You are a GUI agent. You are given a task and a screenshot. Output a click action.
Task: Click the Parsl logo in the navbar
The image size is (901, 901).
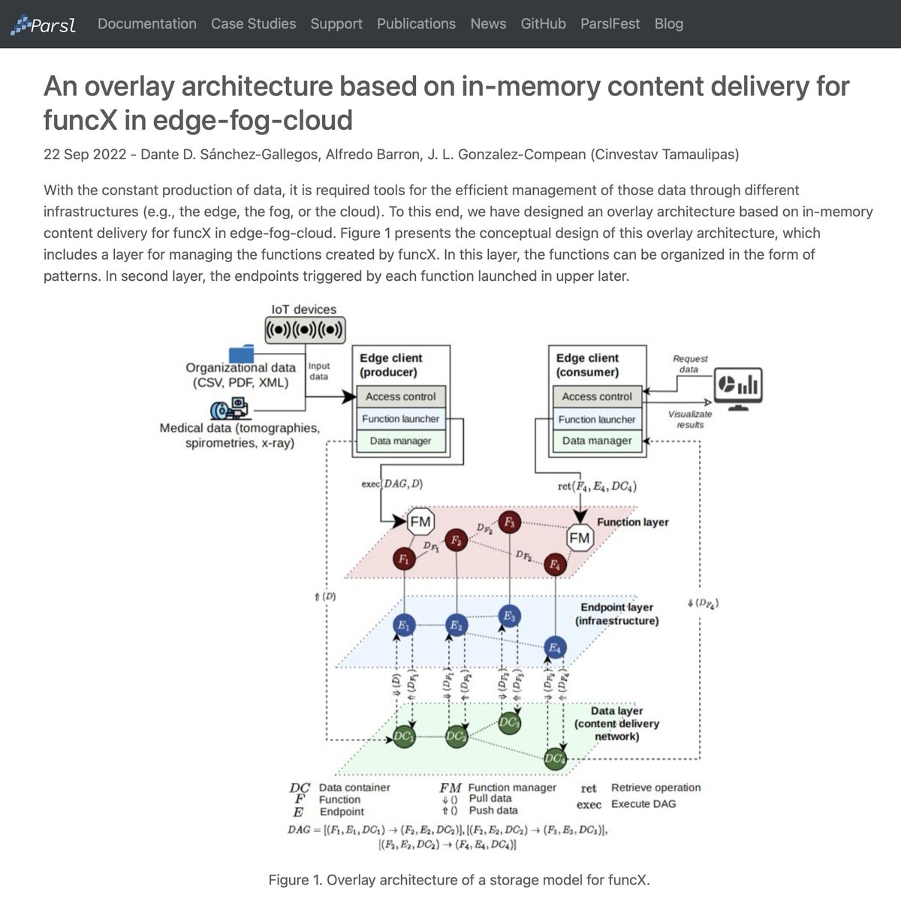[x=43, y=26]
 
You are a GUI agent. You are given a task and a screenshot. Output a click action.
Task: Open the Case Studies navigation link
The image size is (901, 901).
[x=253, y=24]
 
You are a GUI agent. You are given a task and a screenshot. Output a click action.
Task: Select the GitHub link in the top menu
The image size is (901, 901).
[x=543, y=24]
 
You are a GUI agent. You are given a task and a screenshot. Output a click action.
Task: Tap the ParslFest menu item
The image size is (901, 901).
[x=610, y=24]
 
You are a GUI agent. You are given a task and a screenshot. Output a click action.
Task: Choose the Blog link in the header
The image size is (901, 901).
[x=668, y=24]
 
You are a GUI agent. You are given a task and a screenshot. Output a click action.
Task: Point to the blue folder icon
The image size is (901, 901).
[x=242, y=354]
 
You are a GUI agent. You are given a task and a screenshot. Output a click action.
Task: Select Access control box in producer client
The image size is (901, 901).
[x=400, y=396]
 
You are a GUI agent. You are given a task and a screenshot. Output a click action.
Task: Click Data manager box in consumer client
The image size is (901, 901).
[x=597, y=441]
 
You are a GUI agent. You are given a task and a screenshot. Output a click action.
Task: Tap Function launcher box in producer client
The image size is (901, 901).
[x=400, y=419]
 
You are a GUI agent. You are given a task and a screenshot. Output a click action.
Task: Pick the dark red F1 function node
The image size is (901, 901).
[x=404, y=559]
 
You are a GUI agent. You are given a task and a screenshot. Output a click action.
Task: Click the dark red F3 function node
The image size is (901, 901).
[x=510, y=521]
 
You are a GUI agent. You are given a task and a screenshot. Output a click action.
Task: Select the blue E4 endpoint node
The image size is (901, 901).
[x=554, y=647]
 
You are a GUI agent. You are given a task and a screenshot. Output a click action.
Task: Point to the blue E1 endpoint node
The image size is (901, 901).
[x=404, y=625]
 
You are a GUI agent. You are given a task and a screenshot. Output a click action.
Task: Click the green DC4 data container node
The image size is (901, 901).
[x=555, y=759]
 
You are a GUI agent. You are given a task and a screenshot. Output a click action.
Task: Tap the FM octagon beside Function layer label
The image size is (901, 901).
[x=580, y=538]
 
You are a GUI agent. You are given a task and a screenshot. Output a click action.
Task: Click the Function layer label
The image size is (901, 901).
[x=632, y=522]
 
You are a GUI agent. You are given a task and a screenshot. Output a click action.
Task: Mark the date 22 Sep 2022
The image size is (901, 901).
[x=82, y=155]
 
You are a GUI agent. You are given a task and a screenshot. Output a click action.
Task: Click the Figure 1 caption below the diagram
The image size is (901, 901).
[x=459, y=880]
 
